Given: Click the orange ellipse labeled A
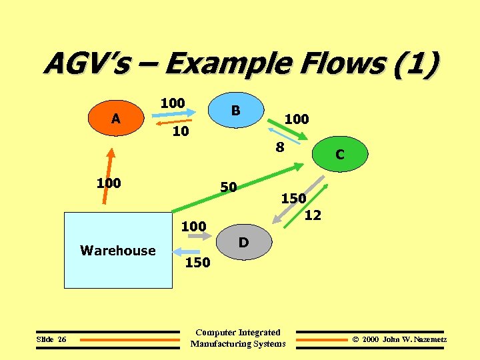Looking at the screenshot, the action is tap(116, 119).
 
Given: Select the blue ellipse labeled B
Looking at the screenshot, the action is tap(235, 109).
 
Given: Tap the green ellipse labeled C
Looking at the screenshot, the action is tap(339, 155).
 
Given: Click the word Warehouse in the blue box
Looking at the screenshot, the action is tap(117, 251).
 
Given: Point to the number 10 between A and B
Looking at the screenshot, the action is tap(180, 131).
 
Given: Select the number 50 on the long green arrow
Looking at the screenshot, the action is tap(229, 187).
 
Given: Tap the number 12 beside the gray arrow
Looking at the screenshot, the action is tap(313, 215).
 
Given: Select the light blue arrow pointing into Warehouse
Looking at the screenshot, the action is tap(187, 249).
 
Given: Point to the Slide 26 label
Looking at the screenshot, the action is tap(51, 340).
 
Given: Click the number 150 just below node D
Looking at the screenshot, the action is tap(197, 263).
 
